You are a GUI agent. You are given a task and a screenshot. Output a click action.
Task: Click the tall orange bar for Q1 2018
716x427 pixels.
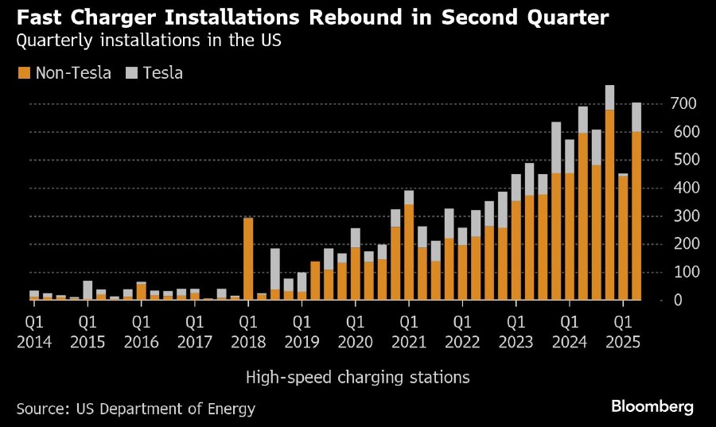pyautogui.click(x=248, y=258)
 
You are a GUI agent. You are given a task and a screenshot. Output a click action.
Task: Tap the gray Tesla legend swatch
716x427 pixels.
pyautogui.click(x=131, y=73)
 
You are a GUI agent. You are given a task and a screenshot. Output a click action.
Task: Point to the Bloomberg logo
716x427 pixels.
pyautogui.click(x=652, y=406)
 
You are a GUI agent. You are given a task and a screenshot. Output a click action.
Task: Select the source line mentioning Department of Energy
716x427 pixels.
pyautogui.click(x=136, y=409)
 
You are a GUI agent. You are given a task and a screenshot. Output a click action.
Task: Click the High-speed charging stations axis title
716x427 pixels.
pyautogui.click(x=357, y=378)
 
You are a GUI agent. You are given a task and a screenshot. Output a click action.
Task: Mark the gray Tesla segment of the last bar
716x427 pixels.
pyautogui.click(x=636, y=117)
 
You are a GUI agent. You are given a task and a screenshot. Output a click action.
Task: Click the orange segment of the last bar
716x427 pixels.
pyautogui.click(x=636, y=215)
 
